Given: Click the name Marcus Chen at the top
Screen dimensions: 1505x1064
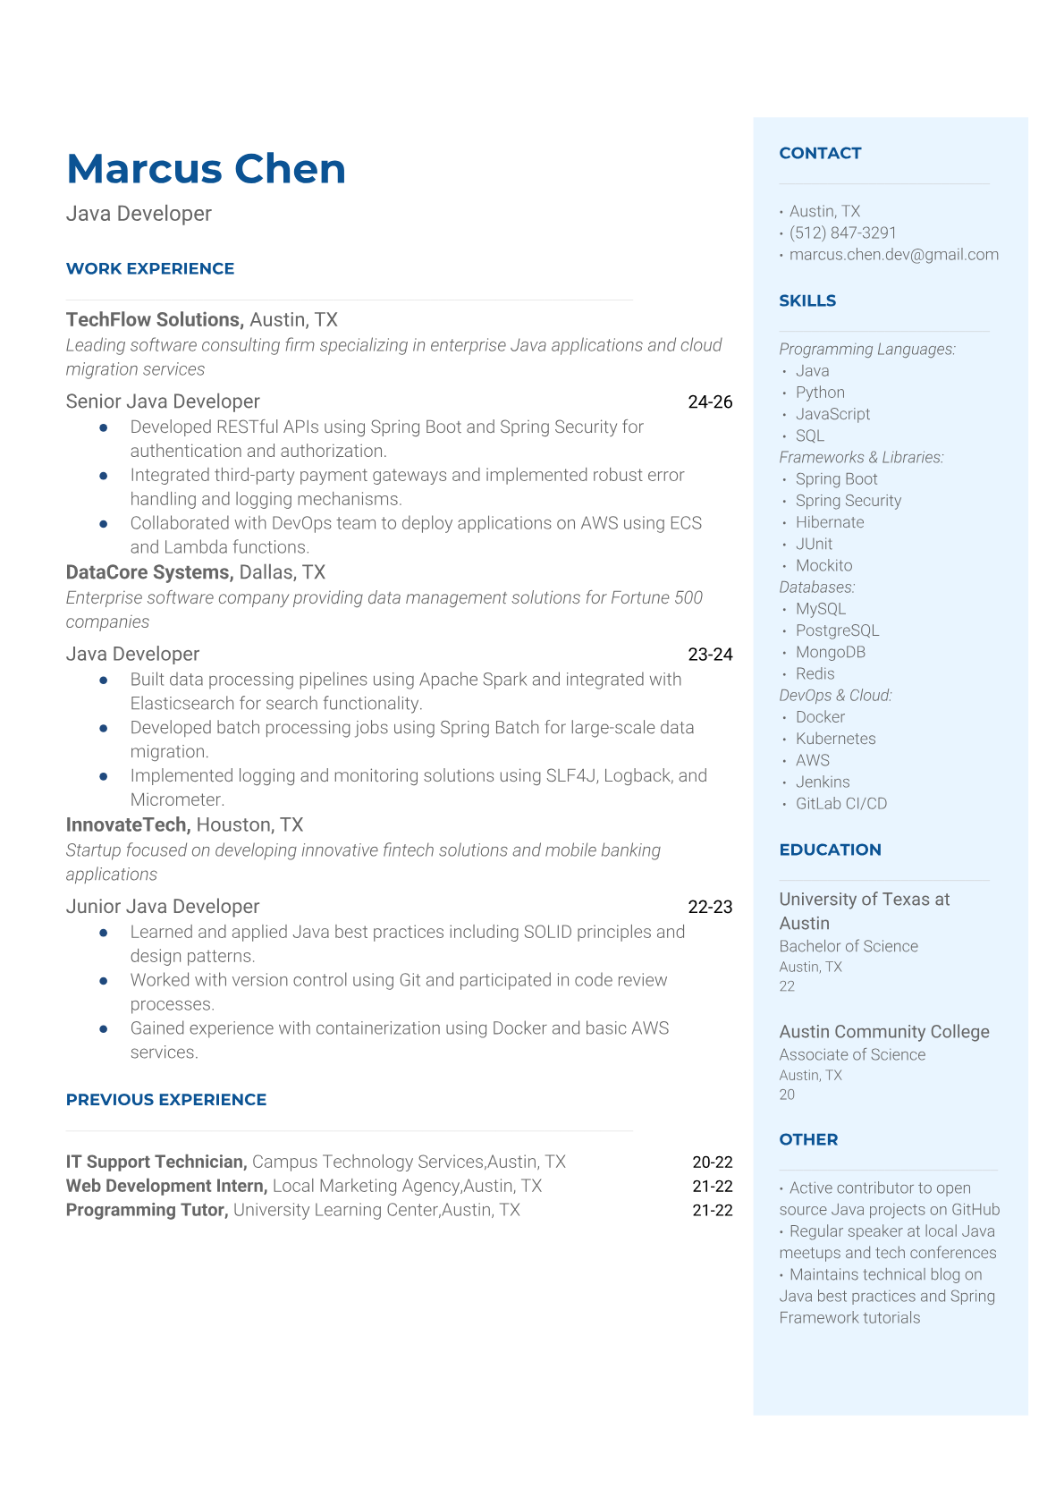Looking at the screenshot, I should point(206,169).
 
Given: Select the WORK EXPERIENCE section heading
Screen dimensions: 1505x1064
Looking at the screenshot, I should point(150,268).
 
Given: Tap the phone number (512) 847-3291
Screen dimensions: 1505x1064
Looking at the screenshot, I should point(842,233).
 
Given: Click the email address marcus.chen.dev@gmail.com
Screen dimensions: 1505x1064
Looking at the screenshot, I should point(893,254).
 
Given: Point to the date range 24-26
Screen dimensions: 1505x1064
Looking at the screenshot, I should point(710,402).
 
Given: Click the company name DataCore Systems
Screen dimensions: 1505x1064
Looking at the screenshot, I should point(148,571).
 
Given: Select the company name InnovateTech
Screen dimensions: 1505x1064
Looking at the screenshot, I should point(127,824).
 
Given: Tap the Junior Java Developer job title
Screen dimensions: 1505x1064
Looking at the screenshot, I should point(163,906).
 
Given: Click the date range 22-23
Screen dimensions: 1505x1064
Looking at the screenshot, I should point(710,906).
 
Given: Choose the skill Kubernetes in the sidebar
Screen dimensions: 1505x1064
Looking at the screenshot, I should point(835,738).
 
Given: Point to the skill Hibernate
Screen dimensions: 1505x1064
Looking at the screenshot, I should point(830,521).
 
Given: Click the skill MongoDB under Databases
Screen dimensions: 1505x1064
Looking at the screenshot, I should point(830,652).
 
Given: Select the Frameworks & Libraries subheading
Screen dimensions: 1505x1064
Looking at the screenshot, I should point(861,457).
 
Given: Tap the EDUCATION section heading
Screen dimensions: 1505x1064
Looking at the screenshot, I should point(830,850).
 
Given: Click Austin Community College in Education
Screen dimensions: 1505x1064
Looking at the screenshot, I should point(883,1031).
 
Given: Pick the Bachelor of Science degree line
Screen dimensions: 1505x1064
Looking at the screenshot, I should point(848,945).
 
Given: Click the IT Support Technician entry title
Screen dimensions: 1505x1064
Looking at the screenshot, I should point(156,1161).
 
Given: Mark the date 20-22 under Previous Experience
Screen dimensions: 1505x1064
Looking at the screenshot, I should point(712,1162).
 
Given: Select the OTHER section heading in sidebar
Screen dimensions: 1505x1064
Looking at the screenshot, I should point(808,1139).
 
